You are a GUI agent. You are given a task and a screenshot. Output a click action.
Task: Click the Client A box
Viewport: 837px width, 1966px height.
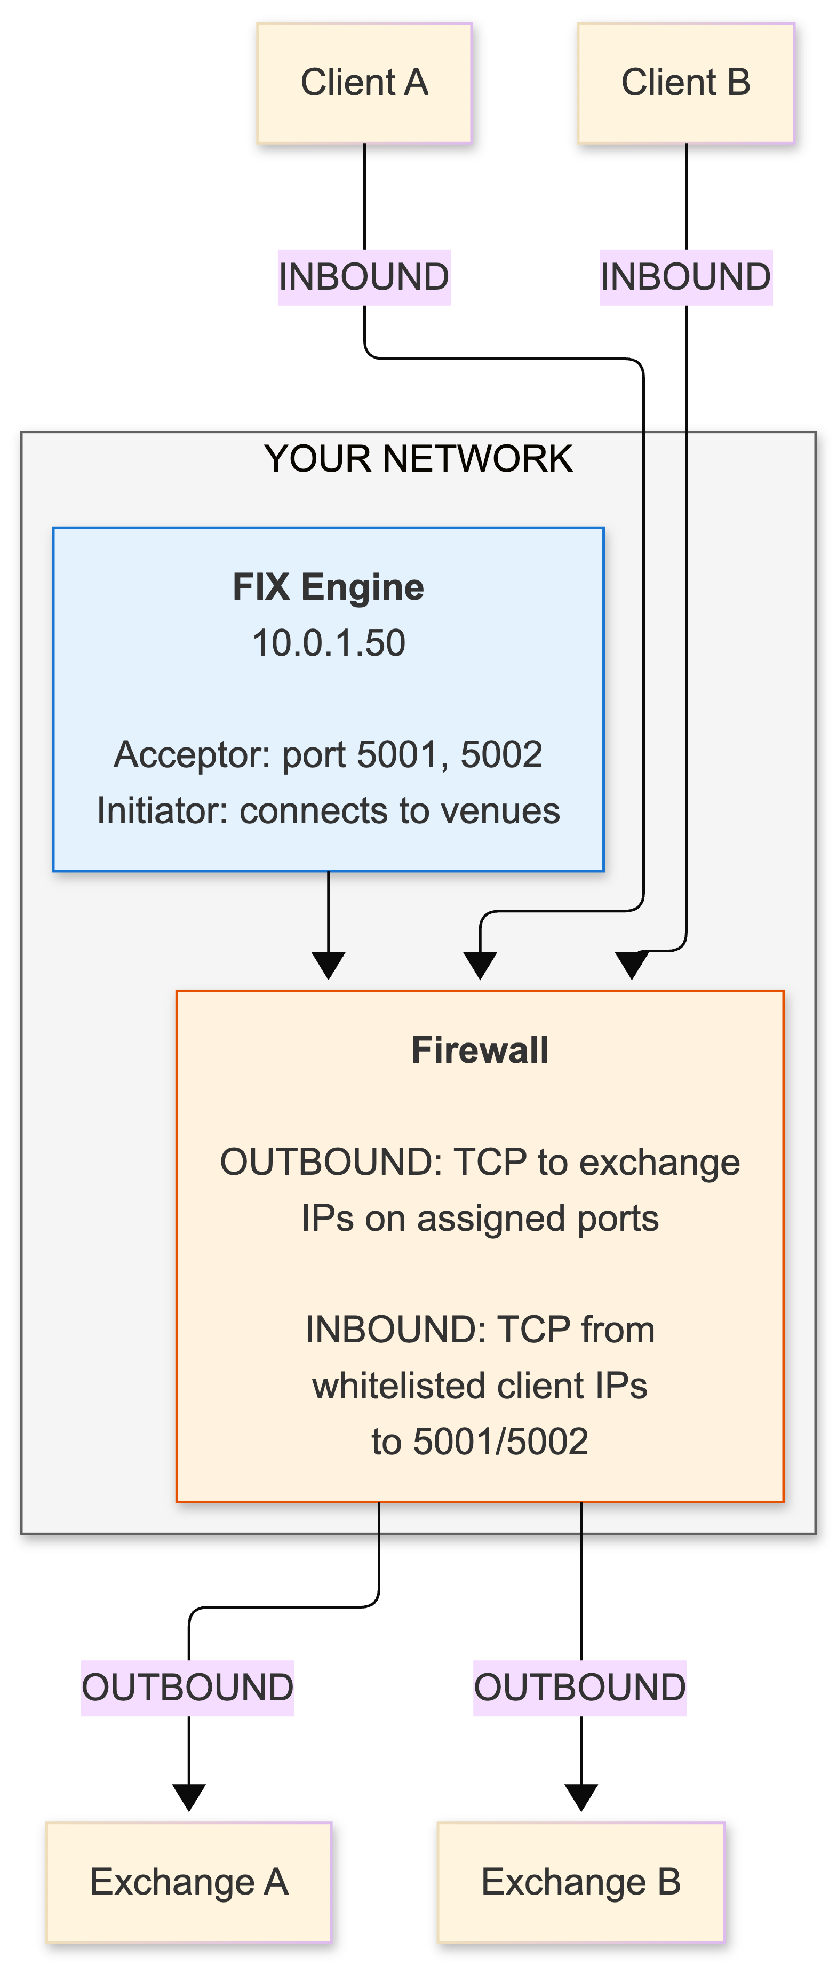point(365,82)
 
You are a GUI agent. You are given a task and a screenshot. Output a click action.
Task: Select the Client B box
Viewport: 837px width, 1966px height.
point(686,82)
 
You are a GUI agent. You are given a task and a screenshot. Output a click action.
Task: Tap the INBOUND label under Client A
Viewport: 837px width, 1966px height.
point(364,277)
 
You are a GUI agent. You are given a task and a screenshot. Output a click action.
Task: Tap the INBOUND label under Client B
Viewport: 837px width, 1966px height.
point(686,277)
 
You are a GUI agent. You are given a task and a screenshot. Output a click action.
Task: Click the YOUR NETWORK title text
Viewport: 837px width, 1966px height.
point(418,459)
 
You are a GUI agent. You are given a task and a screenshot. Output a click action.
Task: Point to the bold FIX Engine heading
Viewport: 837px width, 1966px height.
point(328,587)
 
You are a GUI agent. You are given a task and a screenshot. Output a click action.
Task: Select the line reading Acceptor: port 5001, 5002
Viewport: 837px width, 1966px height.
point(328,754)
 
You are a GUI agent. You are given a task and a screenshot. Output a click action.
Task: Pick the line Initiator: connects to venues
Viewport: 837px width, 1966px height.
point(328,810)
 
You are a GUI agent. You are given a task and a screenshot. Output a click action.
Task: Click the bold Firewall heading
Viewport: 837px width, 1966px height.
point(480,1050)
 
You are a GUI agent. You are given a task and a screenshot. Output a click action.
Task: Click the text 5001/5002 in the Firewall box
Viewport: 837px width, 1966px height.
point(500,1442)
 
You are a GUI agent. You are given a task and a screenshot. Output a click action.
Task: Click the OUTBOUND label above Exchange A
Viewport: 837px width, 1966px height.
point(188,1688)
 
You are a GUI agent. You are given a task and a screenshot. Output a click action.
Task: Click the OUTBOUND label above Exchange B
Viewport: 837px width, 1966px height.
point(580,1688)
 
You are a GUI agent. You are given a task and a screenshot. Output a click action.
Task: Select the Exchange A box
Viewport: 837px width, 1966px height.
point(189,1882)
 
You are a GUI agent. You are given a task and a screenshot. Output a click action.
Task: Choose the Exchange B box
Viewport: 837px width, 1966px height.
point(581,1882)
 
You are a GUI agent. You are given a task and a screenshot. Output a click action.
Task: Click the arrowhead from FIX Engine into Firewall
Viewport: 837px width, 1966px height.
point(328,966)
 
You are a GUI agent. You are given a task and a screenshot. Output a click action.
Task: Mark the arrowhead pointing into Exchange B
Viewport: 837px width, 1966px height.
point(581,1798)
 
